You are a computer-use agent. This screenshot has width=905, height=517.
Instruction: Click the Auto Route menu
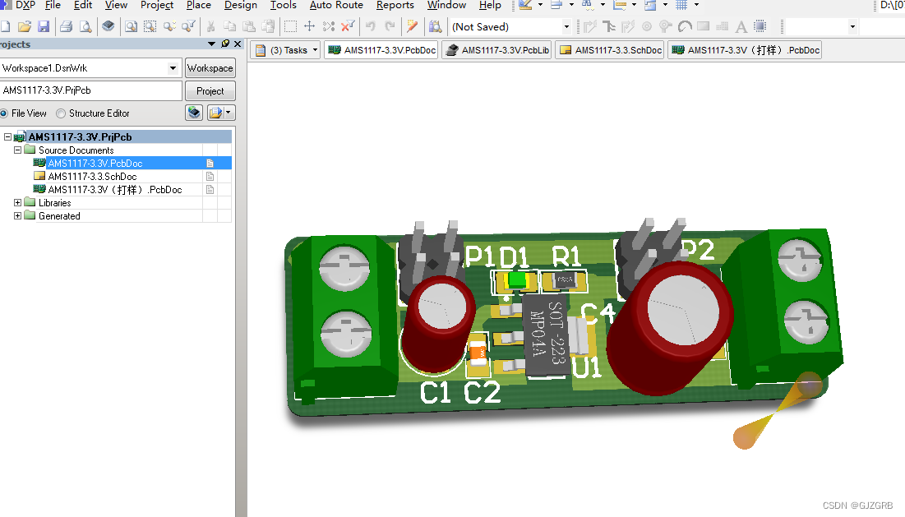336,5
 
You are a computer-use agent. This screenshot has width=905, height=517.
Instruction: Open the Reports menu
395,5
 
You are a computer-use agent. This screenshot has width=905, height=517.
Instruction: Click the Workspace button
210,68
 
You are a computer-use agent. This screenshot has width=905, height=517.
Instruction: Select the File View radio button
4,113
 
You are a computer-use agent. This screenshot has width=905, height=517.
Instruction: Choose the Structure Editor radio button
61,113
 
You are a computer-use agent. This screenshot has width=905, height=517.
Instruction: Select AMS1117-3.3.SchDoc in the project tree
92,177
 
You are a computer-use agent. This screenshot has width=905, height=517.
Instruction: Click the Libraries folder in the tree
54,203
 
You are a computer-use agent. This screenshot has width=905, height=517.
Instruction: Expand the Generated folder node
18,216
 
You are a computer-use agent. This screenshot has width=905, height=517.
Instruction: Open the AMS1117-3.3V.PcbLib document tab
496,50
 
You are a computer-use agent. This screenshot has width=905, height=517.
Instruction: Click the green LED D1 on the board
516,281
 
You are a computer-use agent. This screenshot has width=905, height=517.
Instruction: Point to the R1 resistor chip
566,281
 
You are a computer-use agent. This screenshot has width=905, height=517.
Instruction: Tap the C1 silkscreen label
436,393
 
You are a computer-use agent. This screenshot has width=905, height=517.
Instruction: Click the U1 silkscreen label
588,367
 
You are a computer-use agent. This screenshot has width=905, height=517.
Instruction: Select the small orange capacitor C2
478,354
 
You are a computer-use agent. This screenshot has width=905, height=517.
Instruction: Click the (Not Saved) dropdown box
510,26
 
